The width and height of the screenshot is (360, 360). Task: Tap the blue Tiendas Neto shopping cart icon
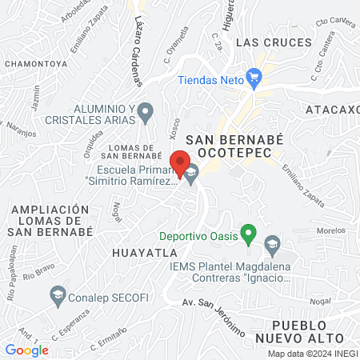pyautogui.click(x=254, y=79)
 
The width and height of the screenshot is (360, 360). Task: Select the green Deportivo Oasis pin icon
pyautogui.click(x=249, y=236)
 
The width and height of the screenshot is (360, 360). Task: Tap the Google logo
pyautogui.click(x=26, y=350)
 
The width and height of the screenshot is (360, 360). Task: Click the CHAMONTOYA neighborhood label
pyautogui.click(x=36, y=62)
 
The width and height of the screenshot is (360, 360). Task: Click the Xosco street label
pyautogui.click(x=175, y=127)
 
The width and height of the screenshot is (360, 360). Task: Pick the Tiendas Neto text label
pyautogui.click(x=210, y=80)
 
